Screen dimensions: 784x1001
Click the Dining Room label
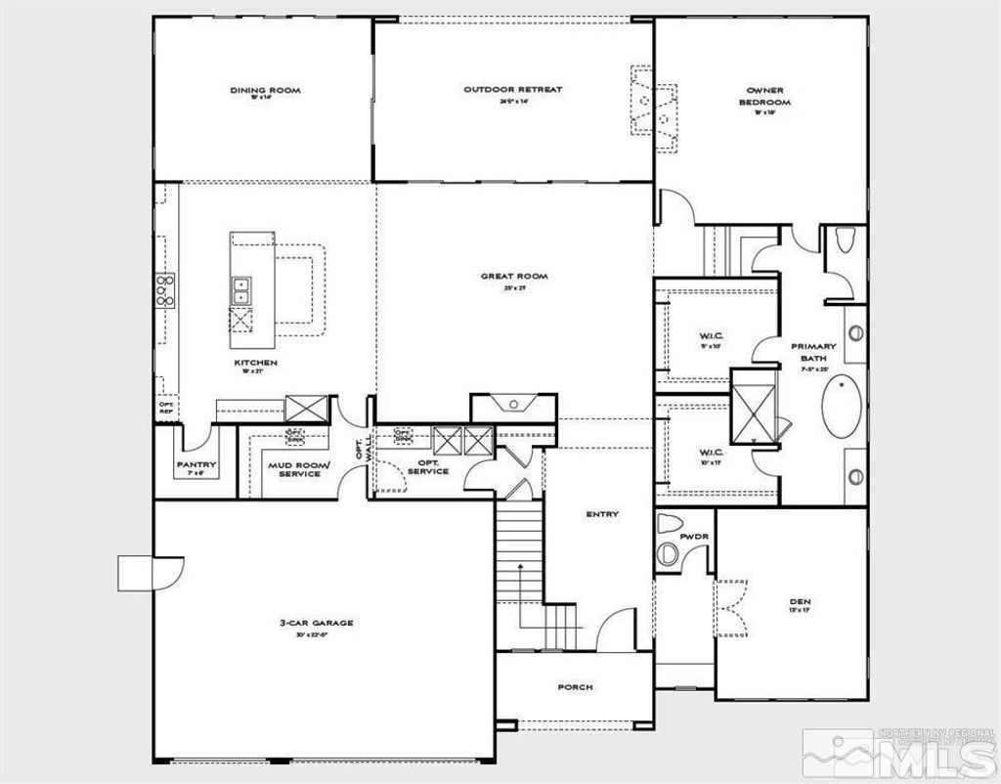pos(265,91)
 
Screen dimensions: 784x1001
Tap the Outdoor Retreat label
pos(513,90)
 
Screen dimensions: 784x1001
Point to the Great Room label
pos(514,277)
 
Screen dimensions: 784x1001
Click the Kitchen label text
pos(255,363)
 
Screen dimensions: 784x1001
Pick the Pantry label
pos(196,464)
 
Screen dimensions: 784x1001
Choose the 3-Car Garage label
pos(316,623)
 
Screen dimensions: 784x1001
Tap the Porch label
pos(575,687)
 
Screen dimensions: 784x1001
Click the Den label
pos(801,601)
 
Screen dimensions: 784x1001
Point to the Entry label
pos(602,514)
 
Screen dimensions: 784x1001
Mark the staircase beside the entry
pos(519,567)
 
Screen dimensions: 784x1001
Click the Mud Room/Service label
pos(300,469)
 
